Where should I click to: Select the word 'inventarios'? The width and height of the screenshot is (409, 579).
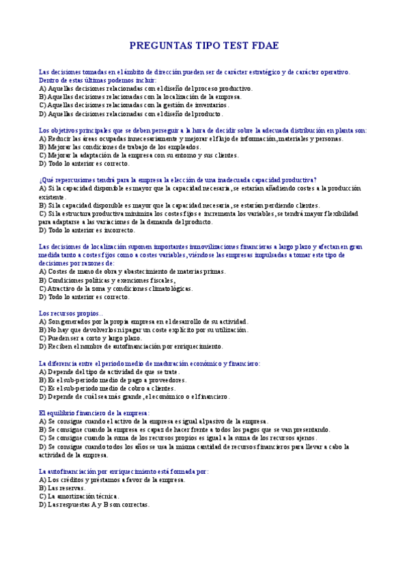pos(208,105)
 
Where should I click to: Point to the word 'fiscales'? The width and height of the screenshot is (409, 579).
pos(159,280)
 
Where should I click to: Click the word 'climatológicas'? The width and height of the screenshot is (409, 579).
pos(169,289)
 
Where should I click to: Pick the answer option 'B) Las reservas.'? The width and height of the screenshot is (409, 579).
pos(62,488)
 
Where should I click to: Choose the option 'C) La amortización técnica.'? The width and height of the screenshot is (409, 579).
pos(79,496)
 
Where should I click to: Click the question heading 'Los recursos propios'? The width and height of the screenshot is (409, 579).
pos(69,313)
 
